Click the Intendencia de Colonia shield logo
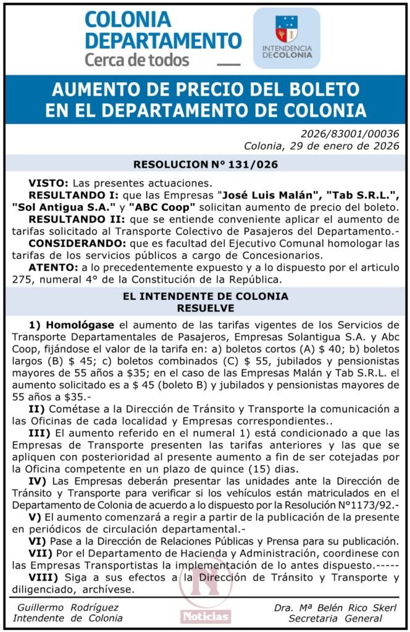(286, 29)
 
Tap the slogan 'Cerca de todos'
(136, 60)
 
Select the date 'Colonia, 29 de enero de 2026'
(321, 146)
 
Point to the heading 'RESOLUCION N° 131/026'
(206, 165)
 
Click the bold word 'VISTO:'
(49, 183)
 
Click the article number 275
(21, 278)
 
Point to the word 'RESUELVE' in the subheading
(205, 307)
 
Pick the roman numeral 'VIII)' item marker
(43, 577)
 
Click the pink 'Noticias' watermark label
(205, 616)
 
